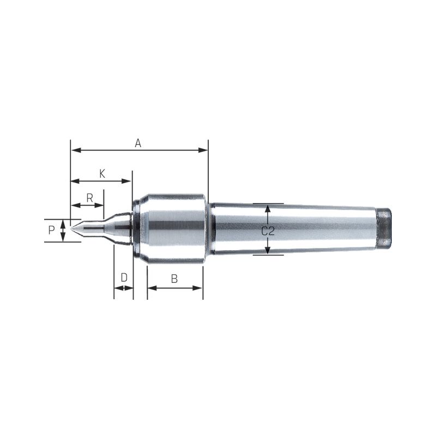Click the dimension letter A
pyautogui.click(x=138, y=143)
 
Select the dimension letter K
pyautogui.click(x=102, y=174)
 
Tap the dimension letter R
pyautogui.click(x=89, y=198)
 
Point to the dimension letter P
pyautogui.click(x=51, y=230)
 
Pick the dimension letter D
pyautogui.click(x=124, y=277)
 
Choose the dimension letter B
pyautogui.click(x=174, y=278)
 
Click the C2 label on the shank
pyautogui.click(x=268, y=231)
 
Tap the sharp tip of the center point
pyautogui.click(x=71, y=228)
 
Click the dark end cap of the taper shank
pyautogui.click(x=384, y=228)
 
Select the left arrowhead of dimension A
pyautogui.click(x=76, y=150)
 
